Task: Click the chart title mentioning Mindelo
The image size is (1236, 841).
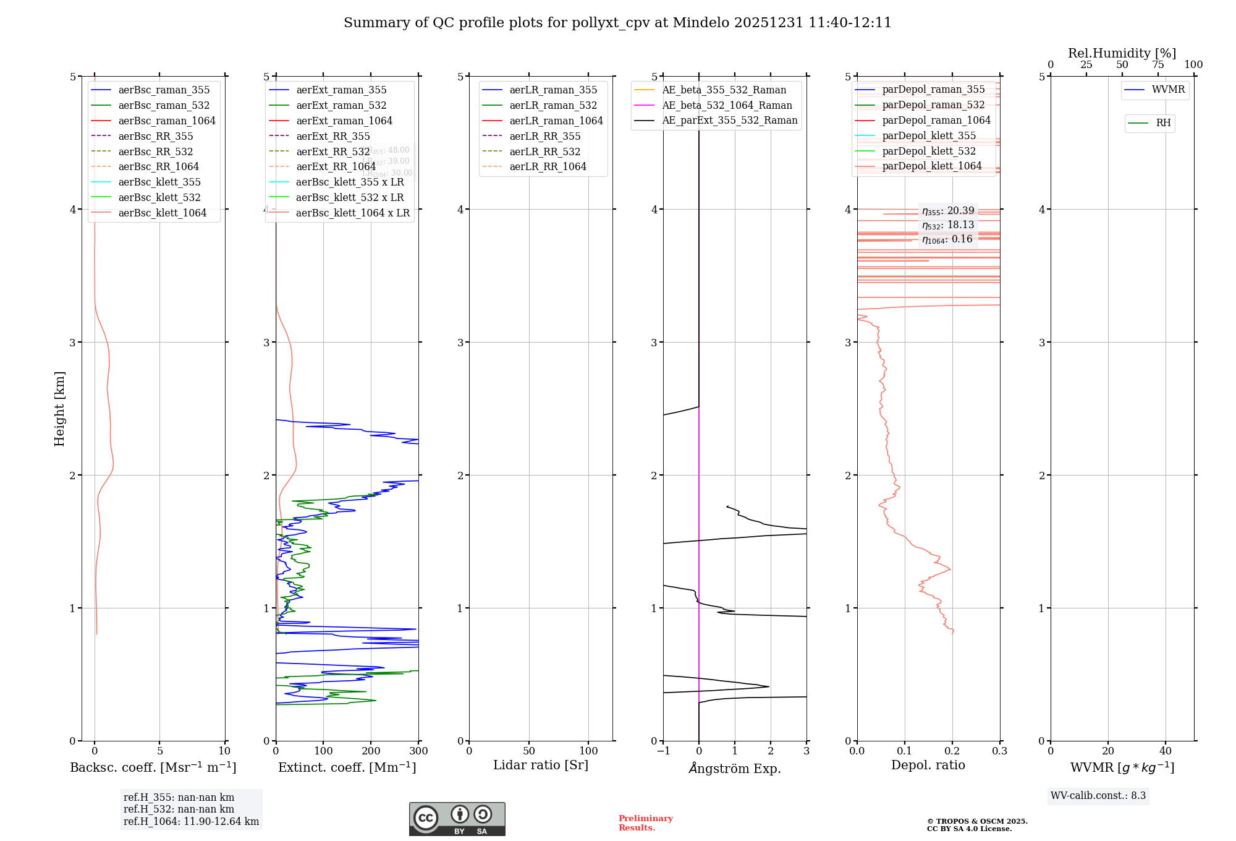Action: click(617, 23)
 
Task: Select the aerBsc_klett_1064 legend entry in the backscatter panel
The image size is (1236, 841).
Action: click(162, 213)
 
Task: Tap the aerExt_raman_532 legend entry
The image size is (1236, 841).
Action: click(341, 105)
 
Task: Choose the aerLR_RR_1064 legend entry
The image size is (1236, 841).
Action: click(548, 166)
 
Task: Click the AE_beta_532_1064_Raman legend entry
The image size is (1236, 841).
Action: click(727, 105)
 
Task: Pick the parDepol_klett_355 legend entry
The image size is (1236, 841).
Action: click(929, 135)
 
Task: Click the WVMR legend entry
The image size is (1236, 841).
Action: click(1168, 90)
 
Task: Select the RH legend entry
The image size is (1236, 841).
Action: click(1163, 123)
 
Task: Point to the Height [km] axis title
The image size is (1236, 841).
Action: click(59, 409)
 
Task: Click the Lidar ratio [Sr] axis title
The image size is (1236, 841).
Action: click(541, 765)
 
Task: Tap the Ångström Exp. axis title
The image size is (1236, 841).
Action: click(735, 768)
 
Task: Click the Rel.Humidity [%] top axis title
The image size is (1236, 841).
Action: click(1122, 53)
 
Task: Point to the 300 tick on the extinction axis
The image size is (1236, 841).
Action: click(418, 751)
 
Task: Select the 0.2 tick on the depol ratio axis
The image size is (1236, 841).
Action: click(952, 751)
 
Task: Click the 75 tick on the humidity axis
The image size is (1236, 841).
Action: click(1158, 65)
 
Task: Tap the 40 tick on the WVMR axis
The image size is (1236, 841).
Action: click(1166, 751)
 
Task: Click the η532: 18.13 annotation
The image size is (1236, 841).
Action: click(948, 225)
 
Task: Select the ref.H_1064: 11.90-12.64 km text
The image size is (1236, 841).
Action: click(191, 822)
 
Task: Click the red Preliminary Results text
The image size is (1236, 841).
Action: click(645, 823)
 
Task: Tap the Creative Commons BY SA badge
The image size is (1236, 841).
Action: click(457, 819)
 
